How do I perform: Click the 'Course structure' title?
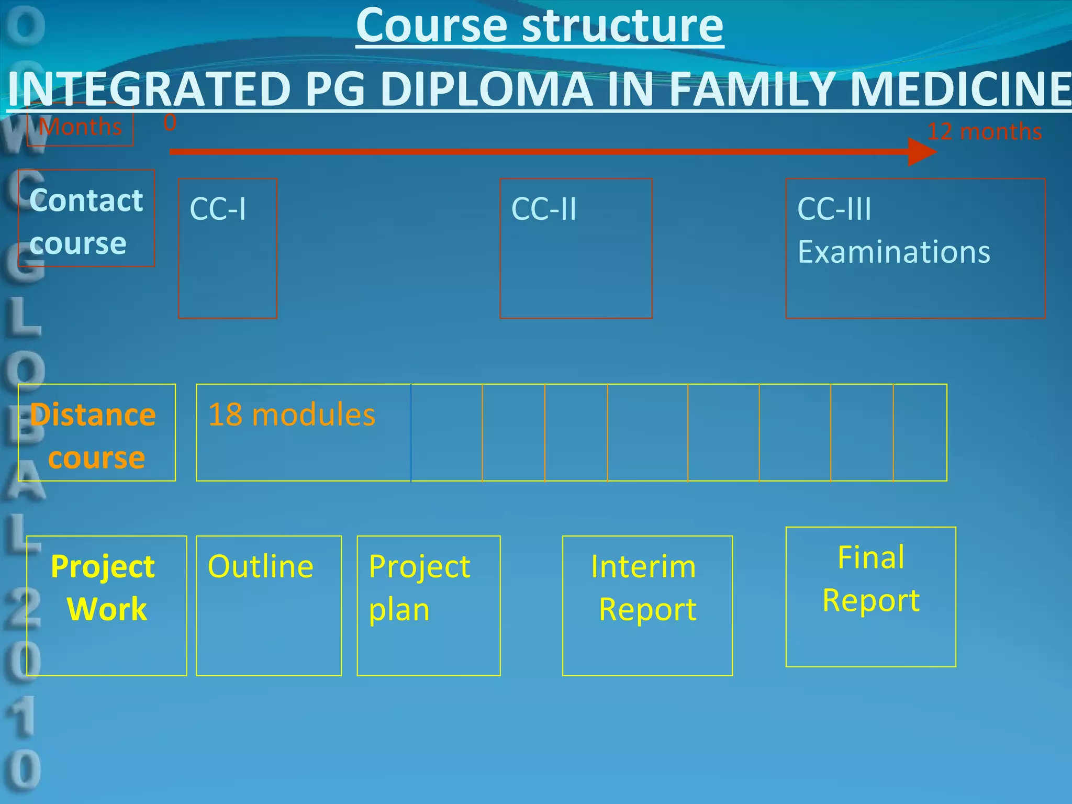tap(540, 26)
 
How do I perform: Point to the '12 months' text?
tap(984, 131)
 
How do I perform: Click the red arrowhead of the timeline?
tap(921, 152)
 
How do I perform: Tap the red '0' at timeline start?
tap(170, 124)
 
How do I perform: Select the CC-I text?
tap(218, 209)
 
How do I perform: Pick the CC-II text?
tap(543, 209)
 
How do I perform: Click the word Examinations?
tap(894, 252)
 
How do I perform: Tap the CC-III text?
tap(834, 209)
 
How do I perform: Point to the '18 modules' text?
tap(292, 415)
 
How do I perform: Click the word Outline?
tap(260, 566)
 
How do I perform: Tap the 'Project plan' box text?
tap(419, 587)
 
